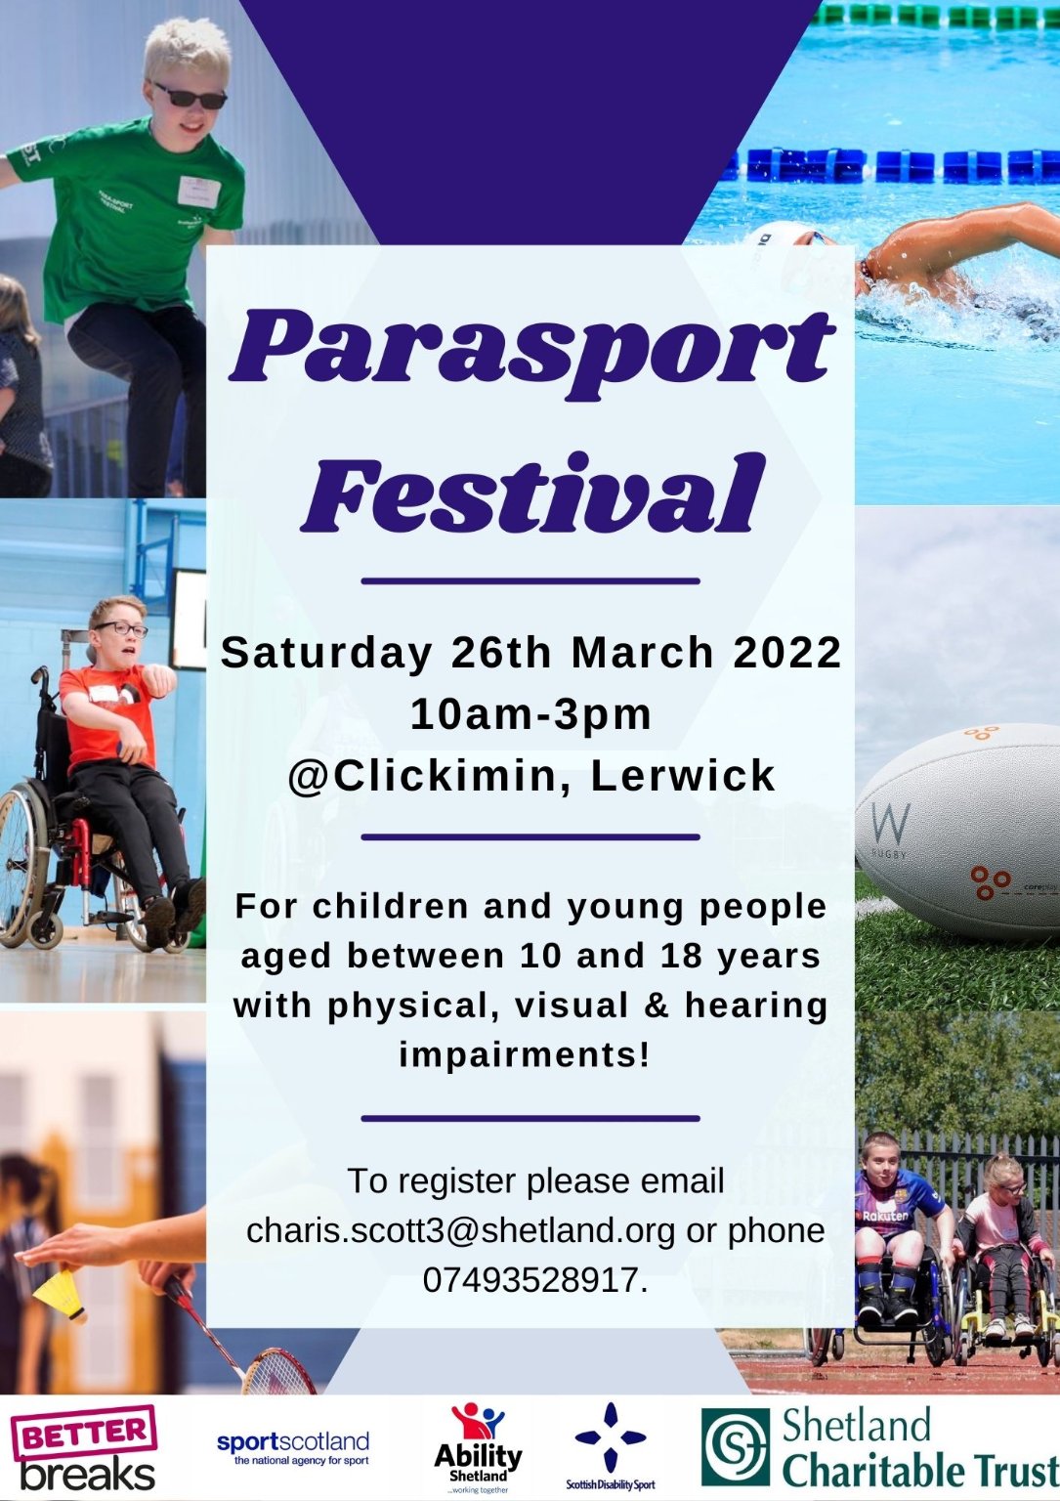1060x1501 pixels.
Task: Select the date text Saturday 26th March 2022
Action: tap(530, 652)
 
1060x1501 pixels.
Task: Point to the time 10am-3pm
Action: tap(530, 714)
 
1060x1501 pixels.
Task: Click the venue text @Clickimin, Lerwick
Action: tap(532, 777)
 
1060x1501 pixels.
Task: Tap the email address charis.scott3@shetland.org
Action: tap(461, 1230)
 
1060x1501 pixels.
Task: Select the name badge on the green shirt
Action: tap(199, 191)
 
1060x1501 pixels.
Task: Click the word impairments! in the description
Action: tap(525, 1055)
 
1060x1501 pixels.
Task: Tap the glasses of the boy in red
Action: tap(121, 629)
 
